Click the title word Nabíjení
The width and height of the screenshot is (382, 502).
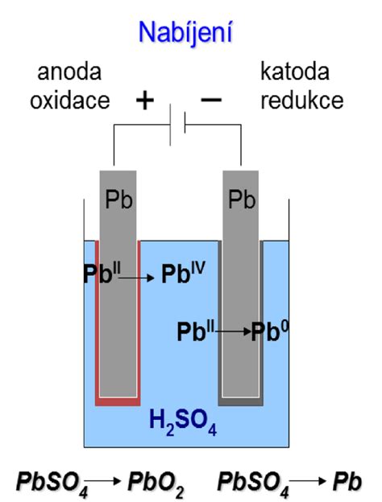pos(185,32)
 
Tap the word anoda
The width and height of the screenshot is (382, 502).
pos(69,72)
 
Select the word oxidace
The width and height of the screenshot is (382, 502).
pos(70,101)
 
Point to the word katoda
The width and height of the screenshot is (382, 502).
pos(295,72)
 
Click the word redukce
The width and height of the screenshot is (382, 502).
pos(302,101)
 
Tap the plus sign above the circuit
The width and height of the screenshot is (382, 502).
pos(145,101)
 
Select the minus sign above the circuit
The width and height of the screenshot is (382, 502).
pos(211,100)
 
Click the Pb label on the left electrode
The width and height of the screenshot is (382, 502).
pos(118,200)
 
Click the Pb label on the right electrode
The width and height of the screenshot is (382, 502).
pos(242,200)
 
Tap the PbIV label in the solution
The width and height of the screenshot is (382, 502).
pos(183,273)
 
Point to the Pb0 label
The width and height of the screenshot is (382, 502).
pos(270,331)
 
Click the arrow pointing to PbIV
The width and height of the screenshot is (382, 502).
pos(136,278)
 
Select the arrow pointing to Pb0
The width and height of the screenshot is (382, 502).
pos(233,331)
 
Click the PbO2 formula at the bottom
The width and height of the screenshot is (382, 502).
pos(156,483)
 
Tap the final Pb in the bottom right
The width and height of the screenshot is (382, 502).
pos(347,481)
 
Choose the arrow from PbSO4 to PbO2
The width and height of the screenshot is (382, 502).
pos(103,481)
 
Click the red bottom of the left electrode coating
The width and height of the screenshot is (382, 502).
pos(118,401)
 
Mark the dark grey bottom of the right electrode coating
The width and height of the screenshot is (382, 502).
pos(240,401)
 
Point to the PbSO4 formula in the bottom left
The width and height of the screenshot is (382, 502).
pos(52,483)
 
